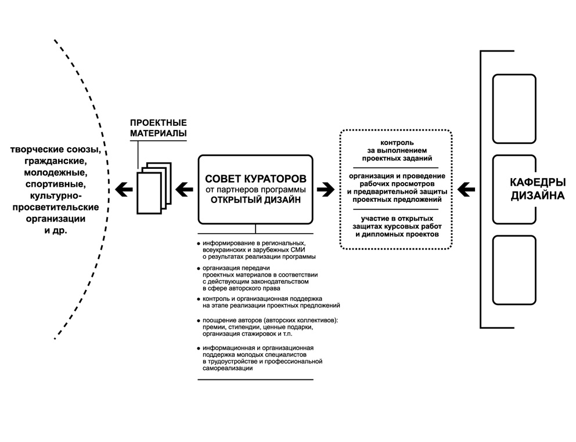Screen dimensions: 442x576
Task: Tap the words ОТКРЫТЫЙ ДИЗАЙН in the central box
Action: tap(255, 201)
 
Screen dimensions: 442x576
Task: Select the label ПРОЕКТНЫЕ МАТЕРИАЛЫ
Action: tap(158, 128)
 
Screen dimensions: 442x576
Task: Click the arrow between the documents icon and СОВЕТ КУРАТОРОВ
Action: tap(184, 187)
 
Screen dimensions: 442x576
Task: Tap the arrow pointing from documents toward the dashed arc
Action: tap(124, 187)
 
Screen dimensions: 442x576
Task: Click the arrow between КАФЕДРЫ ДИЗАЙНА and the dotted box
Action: tap(466, 189)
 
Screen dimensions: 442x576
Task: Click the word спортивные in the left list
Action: tap(56, 184)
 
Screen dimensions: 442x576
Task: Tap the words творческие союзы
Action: tap(56, 150)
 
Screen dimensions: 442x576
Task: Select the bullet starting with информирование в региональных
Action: tap(257, 250)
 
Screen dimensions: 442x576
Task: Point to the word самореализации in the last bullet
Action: tap(228, 368)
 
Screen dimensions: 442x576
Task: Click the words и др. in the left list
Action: tap(56, 230)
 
